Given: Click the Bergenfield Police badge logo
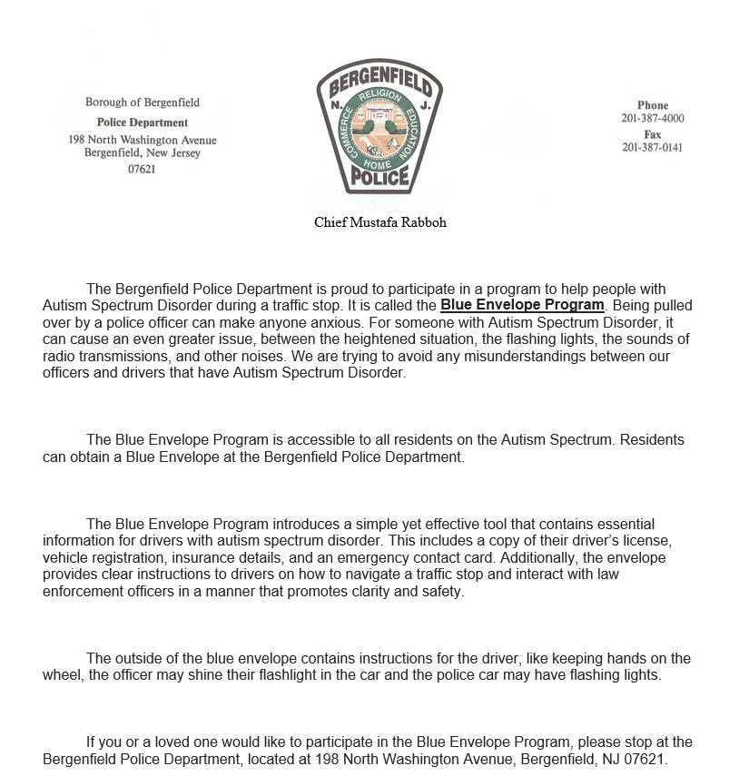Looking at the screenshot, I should (379, 133).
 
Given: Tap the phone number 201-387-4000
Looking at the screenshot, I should (653, 119).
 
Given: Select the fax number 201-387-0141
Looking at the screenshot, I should (653, 148).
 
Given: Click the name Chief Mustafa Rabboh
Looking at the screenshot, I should (380, 222).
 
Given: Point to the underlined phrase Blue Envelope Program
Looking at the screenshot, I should (522, 305).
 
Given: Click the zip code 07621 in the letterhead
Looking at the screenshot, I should (143, 169).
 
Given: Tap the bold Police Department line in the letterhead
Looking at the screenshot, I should (143, 123).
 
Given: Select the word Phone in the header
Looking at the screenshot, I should (653, 105).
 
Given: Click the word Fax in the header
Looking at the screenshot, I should (653, 134).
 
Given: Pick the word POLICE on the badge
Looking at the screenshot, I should (379, 179).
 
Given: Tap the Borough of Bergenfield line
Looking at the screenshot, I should (143, 103).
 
